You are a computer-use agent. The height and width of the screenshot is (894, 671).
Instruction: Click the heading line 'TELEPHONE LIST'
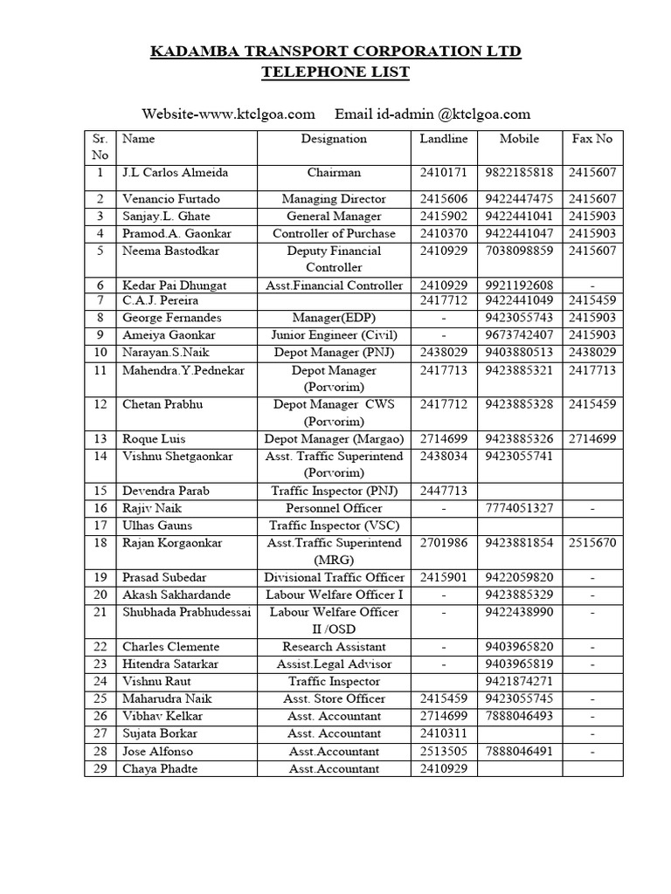coord(335,72)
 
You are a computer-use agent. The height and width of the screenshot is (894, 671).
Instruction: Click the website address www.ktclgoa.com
coord(260,114)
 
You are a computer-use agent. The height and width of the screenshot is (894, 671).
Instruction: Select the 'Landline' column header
coord(444,139)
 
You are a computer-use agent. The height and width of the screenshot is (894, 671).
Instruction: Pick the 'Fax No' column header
coord(591,139)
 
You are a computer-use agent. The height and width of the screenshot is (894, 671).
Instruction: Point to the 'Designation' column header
coord(334,139)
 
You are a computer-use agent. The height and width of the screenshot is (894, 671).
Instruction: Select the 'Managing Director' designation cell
coord(334,199)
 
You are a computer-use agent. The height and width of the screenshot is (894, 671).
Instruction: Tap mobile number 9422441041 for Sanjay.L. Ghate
coord(519,216)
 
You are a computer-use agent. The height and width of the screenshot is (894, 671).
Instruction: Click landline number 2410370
coord(444,233)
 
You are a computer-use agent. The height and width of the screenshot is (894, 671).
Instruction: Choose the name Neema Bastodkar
coord(171,251)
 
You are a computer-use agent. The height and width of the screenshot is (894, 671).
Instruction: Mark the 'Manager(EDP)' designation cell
coord(334,318)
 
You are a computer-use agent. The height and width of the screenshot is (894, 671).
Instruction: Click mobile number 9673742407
coord(519,334)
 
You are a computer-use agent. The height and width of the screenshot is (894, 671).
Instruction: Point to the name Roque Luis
coord(154,438)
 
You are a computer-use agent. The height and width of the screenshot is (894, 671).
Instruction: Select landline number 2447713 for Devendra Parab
coord(444,491)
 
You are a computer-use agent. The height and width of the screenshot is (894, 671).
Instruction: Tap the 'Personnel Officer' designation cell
coord(334,508)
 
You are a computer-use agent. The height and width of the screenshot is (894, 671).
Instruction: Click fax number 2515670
coord(591,543)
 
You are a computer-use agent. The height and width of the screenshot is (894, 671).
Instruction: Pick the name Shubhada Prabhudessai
coord(186,612)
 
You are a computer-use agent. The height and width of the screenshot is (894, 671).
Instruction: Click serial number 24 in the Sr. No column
coord(100,681)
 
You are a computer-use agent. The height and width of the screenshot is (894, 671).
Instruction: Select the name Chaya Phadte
coord(160,768)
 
